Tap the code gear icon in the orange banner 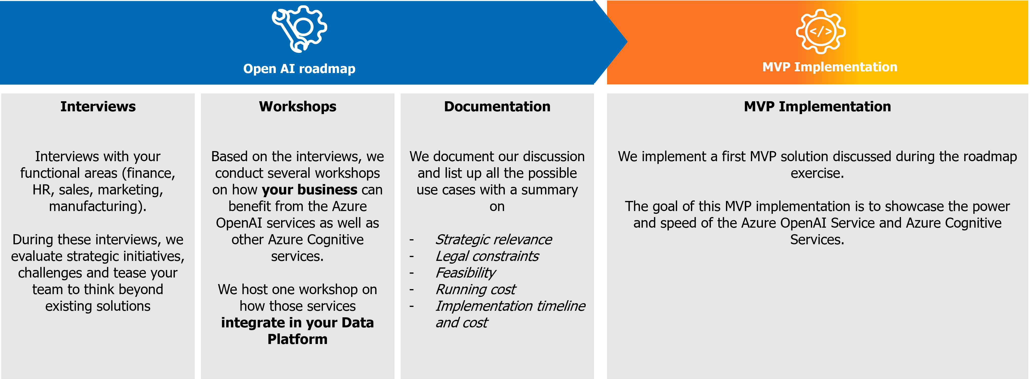point(820,31)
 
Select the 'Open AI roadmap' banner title point(299,69)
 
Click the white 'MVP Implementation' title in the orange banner point(830,67)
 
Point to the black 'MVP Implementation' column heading point(817,107)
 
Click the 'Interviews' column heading point(98,107)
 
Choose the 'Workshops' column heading point(297,107)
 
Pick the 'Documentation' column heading point(497,107)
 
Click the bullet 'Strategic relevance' point(493,239)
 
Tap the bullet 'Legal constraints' point(487,256)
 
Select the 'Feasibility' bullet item point(466,273)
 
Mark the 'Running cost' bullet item point(475,289)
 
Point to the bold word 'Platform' point(297,339)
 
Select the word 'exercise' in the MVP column point(816,173)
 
